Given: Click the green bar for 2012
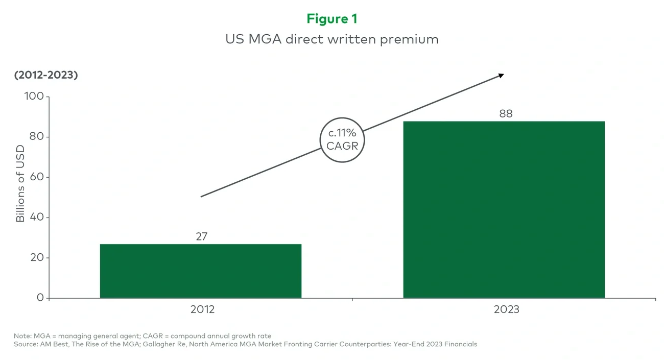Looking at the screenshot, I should coord(200,271).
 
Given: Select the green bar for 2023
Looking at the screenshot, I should coord(504,209).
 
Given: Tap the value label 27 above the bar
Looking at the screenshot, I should coord(201,236).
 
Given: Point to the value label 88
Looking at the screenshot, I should coord(505,113).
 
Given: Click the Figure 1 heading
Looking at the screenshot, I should coord(331,19).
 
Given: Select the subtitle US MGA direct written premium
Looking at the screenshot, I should coord(331,39).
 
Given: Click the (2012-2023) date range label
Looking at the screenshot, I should coord(46,75).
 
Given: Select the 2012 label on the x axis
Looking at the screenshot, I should coord(202,309).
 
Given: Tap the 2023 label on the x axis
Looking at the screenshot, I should coord(506,309).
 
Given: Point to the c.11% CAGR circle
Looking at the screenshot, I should coord(342,139).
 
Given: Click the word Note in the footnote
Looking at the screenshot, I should coord(22,336).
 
